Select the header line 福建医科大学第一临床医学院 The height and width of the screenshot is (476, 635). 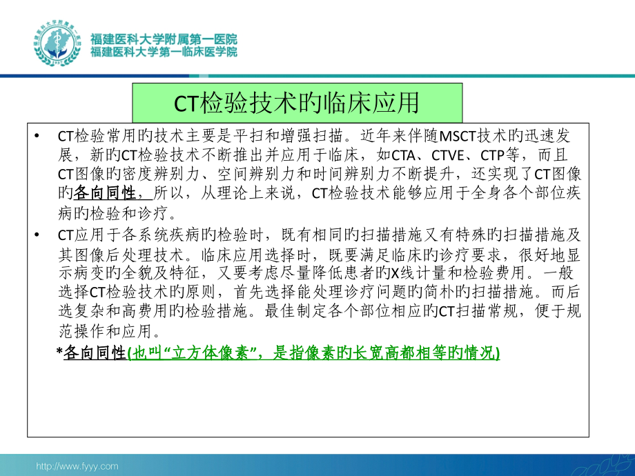tap(164, 52)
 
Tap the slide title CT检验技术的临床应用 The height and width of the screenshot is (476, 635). tap(297, 103)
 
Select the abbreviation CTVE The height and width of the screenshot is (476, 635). tap(437, 154)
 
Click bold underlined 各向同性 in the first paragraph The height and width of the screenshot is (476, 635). tap(106, 192)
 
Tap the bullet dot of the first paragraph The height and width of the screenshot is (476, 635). tap(36, 136)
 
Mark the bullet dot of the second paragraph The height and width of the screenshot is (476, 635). tap(36, 235)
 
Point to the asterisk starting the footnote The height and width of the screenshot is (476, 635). tap(59, 353)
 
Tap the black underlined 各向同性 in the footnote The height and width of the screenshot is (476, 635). tap(92, 353)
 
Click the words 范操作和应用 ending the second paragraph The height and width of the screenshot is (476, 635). tap(104, 330)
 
